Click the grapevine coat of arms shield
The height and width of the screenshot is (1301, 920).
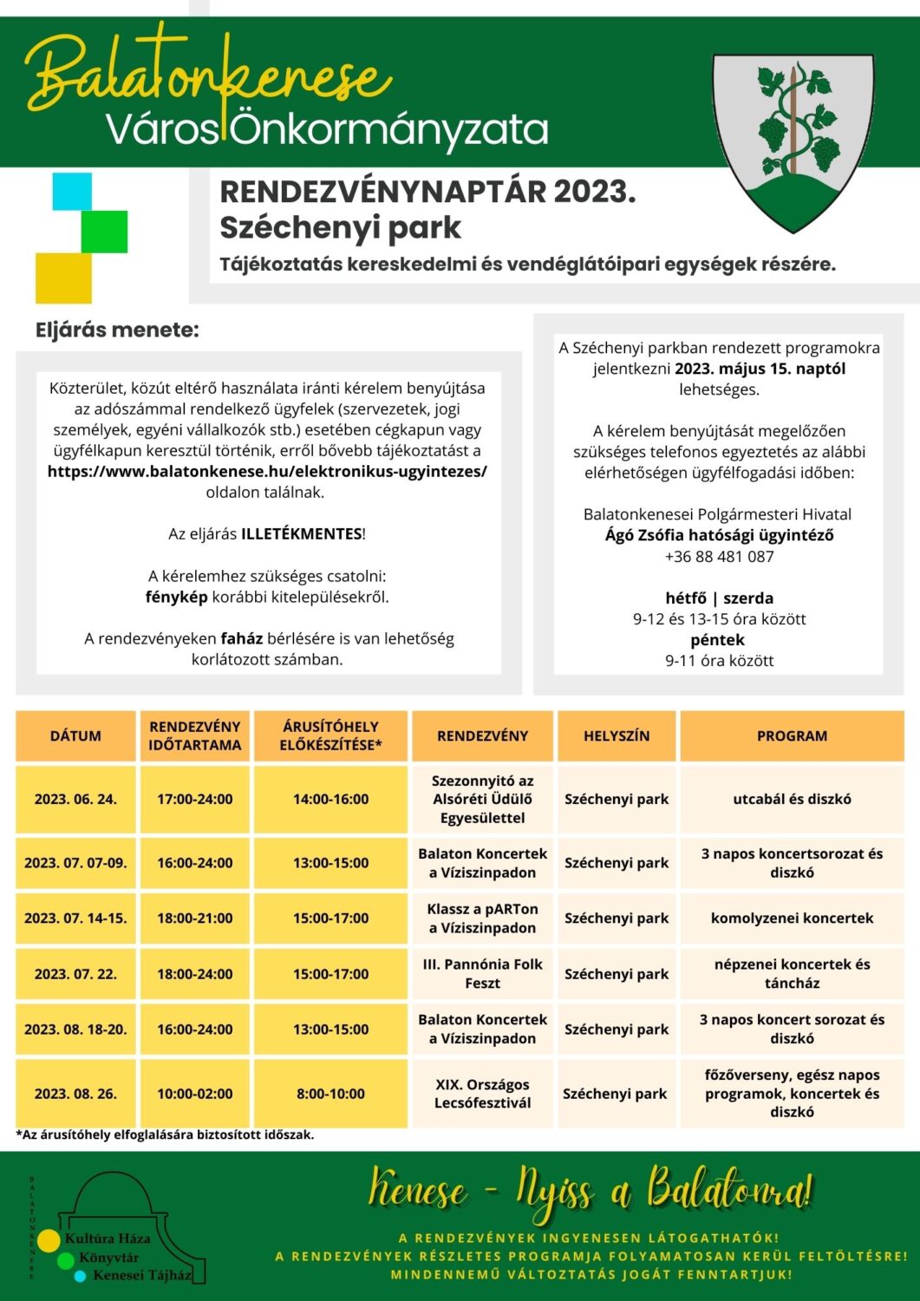pos(793,139)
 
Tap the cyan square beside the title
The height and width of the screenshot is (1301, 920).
pos(71,192)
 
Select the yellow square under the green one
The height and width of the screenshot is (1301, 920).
pos(63,278)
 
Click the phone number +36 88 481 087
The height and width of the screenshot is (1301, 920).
pos(719,557)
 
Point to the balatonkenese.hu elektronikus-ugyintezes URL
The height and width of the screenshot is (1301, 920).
pos(267,472)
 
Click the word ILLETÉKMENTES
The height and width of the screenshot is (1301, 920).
pos(301,534)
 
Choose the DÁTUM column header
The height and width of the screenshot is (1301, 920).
pos(75,735)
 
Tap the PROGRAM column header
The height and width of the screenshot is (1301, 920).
pos(792,735)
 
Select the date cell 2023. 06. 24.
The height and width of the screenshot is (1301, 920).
pos(75,799)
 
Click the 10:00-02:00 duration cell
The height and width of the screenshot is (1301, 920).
pos(194,1094)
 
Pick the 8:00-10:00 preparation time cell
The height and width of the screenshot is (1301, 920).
pos(330,1094)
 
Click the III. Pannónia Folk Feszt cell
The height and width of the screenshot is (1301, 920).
pos(482,973)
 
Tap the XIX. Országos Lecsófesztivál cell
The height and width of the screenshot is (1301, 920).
pos(482,1094)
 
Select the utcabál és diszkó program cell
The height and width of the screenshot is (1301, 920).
pos(792,799)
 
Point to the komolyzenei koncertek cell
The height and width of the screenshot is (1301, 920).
pos(792,918)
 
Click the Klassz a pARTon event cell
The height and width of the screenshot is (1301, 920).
pos(482,918)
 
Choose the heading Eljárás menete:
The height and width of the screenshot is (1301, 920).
pos(117,330)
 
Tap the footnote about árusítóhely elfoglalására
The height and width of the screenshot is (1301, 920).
pos(165,1134)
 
